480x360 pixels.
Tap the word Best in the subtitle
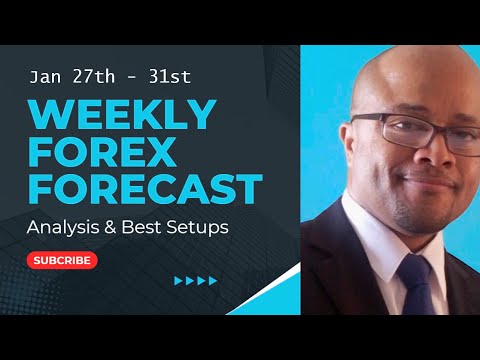tap(146, 227)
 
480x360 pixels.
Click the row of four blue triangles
tap(196, 281)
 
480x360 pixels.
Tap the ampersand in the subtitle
tap(116, 227)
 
